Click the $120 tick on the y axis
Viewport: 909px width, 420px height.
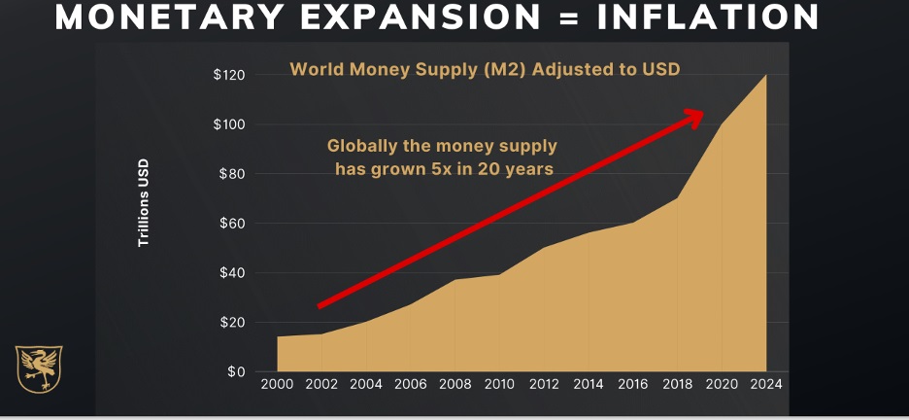230,75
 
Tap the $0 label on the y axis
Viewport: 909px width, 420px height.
237,371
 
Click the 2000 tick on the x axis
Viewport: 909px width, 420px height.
277,383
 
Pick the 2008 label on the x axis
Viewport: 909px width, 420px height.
455,383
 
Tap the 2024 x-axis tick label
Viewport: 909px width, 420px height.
767,383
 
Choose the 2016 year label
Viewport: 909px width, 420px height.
633,383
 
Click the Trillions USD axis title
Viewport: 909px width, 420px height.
144,209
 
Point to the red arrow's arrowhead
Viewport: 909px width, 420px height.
691,117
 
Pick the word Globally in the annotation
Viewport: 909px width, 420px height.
360,147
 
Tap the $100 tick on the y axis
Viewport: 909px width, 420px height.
230,124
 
